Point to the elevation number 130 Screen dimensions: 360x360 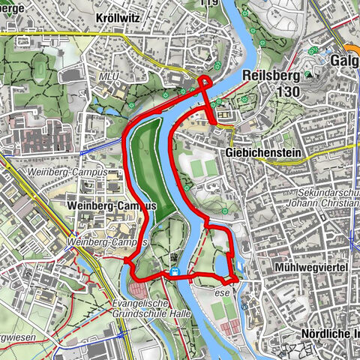pos(286,91)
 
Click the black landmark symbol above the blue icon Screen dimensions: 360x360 pos(175,256)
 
